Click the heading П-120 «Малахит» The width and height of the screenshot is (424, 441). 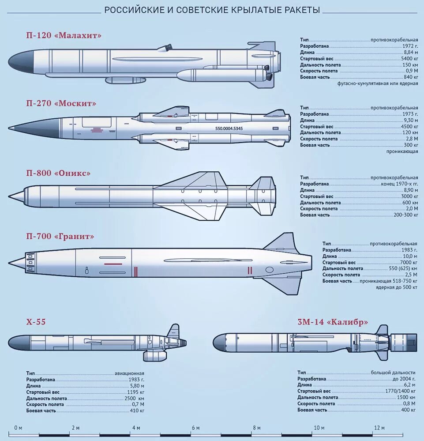64,35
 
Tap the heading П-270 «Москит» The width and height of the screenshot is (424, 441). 61,103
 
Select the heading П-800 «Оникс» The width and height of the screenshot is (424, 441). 58,173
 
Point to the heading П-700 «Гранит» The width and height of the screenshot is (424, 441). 60,237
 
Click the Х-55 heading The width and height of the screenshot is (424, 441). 36,322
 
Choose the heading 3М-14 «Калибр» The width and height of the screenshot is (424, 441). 333,322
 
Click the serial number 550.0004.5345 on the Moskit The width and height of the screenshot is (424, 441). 229,128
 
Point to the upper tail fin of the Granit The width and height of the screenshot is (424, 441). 282,242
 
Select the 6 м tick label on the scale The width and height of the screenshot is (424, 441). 195,428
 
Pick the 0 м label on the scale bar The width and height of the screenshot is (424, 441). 18,428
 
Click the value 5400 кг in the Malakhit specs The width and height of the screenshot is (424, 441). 409,59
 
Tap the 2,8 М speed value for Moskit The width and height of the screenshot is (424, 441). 411,139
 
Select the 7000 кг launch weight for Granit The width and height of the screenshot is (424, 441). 409,262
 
